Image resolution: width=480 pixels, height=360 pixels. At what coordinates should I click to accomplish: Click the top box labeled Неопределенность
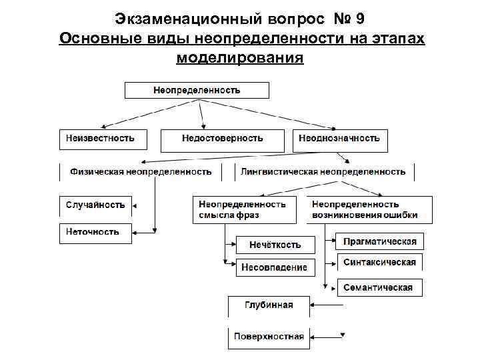197,90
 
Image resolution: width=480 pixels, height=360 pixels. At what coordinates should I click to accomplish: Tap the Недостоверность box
223,139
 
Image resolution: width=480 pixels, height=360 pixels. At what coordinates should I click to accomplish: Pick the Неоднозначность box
340,139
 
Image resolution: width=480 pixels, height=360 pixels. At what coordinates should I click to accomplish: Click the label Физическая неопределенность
141,172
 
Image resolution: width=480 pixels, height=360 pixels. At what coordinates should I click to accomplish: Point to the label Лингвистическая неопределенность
323,172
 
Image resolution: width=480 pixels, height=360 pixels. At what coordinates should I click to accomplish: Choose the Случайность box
95,205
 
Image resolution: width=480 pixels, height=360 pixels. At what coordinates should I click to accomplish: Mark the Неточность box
95,232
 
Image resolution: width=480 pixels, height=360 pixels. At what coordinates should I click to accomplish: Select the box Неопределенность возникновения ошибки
369,209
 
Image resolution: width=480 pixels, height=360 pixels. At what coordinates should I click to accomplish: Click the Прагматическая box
380,241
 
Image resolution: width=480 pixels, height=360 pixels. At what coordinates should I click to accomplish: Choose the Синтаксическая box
380,262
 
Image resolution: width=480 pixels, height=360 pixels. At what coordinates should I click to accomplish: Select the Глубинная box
269,305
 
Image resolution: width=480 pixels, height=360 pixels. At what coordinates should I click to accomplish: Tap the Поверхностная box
269,337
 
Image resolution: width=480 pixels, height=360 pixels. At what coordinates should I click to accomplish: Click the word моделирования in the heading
240,57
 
